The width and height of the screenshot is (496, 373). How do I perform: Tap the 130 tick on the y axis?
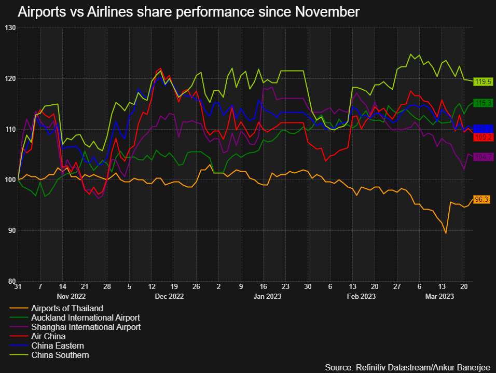(x=10, y=27)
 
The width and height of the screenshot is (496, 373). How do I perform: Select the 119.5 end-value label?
(x=484, y=82)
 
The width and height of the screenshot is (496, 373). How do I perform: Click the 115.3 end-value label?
(x=484, y=103)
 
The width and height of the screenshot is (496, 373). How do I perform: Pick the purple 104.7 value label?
(x=484, y=157)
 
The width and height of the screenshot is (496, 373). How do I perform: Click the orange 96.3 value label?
(x=482, y=199)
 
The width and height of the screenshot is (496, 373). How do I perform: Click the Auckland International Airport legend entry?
(x=86, y=317)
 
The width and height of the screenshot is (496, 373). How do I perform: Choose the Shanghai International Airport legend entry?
(x=86, y=327)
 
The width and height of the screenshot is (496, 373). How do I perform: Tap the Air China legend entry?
(x=49, y=336)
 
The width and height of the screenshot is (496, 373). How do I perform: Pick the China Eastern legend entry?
(x=57, y=346)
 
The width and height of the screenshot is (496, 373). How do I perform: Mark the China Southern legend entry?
(x=60, y=355)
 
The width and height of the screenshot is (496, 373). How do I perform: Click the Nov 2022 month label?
(x=71, y=296)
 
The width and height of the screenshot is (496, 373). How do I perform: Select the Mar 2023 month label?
(x=439, y=296)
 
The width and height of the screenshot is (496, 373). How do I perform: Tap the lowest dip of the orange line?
(x=446, y=233)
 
